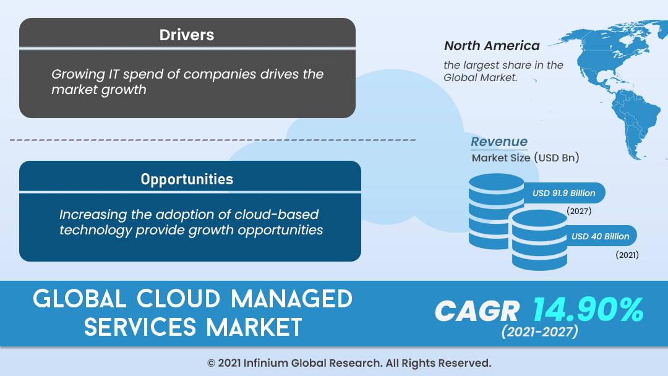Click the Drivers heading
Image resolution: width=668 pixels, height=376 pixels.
[187, 35]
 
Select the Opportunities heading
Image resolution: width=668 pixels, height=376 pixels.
[187, 179]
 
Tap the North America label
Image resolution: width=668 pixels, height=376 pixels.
[492, 46]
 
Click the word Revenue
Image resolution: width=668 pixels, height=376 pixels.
[499, 142]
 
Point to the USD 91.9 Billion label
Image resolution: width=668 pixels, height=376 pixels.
[563, 193]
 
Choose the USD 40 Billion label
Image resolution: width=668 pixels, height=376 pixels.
[600, 236]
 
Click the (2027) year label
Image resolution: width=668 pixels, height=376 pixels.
[579, 211]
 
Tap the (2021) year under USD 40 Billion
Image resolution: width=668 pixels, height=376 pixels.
[627, 254]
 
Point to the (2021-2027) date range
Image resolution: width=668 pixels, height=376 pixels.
[539, 332]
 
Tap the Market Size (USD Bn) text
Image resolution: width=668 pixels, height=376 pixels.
[525, 158]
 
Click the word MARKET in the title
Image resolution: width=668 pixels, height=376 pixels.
[254, 327]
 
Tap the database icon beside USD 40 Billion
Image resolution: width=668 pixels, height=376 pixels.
[539, 241]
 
